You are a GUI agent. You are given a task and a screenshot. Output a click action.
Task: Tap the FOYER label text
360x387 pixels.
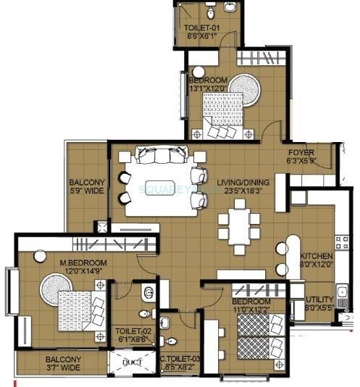[x=300, y=152]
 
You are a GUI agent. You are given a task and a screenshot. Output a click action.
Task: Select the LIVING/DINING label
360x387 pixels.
[x=243, y=182]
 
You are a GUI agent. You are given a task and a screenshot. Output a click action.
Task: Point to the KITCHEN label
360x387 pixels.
[x=317, y=257]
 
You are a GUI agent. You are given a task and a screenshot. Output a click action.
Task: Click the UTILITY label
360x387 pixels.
[x=319, y=299]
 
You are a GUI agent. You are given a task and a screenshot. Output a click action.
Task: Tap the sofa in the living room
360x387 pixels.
[x=156, y=155]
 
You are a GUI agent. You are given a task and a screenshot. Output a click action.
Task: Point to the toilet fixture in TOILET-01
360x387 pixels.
[x=209, y=12]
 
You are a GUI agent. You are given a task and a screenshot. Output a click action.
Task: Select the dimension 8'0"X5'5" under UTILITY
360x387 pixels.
[x=319, y=308]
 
